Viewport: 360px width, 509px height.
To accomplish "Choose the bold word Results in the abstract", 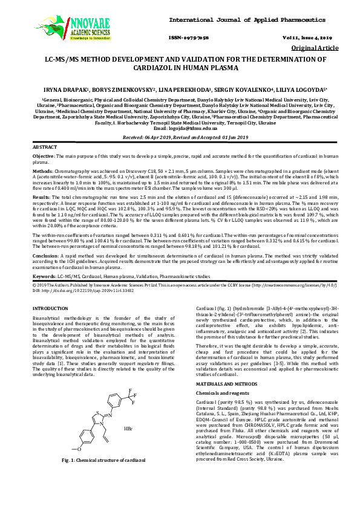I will click(41, 197).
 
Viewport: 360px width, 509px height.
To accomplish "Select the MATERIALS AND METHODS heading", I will click(223, 367).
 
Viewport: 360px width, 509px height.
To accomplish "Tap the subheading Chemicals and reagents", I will click(217, 376).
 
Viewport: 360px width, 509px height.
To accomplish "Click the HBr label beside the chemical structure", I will click(128, 428).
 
